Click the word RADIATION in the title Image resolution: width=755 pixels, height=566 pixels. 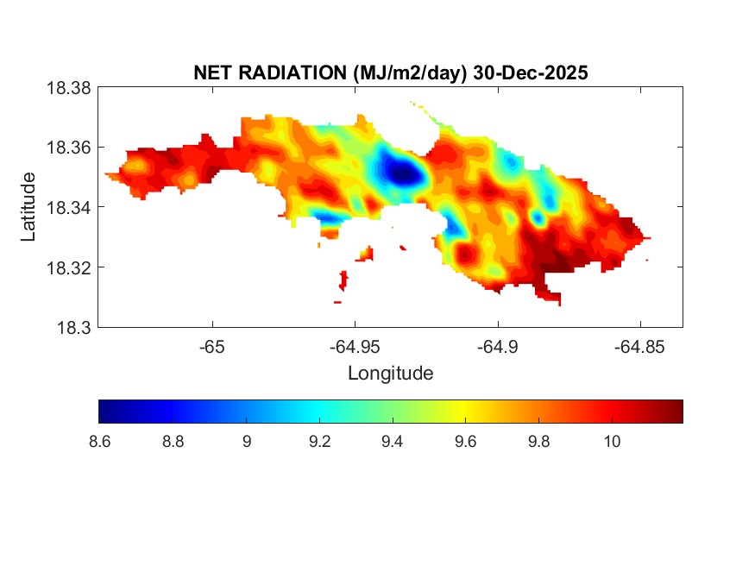tap(301, 73)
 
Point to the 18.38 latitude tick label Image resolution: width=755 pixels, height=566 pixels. tap(69, 87)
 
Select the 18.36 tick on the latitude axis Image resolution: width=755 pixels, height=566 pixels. tap(69, 148)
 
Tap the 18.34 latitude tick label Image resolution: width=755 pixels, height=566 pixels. tap(69, 207)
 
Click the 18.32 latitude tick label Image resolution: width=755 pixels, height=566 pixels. tap(69, 267)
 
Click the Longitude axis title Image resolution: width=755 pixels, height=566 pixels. tap(390, 374)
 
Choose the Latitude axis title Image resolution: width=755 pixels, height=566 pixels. tap(29, 207)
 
